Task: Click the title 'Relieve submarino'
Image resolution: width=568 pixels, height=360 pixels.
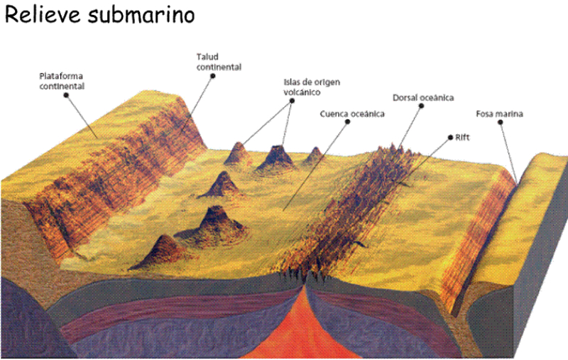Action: tap(99, 16)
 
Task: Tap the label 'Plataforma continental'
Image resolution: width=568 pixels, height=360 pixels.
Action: tap(62, 80)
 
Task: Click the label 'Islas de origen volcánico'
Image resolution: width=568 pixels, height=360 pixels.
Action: tap(312, 87)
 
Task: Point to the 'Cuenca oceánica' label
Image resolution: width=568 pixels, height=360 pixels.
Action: tap(351, 113)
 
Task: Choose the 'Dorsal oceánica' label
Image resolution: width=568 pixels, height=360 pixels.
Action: tap(422, 97)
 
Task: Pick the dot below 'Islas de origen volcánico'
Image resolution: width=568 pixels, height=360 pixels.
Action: tap(293, 101)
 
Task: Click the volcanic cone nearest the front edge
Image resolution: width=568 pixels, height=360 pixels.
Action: tap(163, 249)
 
